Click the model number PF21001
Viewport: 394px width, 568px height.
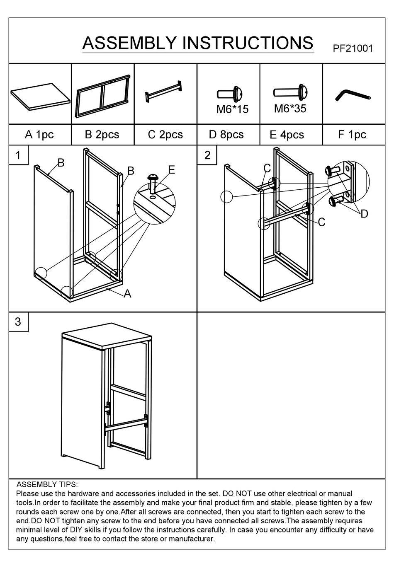(353, 48)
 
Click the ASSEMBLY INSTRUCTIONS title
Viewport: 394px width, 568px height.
(198, 43)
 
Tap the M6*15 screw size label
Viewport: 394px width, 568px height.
(232, 109)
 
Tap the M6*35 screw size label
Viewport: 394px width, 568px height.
(290, 109)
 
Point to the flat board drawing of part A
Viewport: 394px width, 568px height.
(40, 96)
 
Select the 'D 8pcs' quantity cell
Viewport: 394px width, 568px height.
(226, 135)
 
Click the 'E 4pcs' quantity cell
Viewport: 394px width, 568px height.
(287, 135)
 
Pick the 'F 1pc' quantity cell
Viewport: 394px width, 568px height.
(352, 135)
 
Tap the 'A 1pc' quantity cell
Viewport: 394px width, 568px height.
(39, 135)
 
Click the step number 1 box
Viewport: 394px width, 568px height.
(18, 155)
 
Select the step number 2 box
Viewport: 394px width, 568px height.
(207, 155)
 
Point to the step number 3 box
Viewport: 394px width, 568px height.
(18, 322)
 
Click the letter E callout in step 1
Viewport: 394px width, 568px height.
(172, 169)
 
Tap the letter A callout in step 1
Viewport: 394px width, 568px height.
(127, 294)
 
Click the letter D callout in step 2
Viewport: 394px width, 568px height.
(364, 214)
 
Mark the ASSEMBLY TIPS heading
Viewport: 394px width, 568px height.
(47, 484)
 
